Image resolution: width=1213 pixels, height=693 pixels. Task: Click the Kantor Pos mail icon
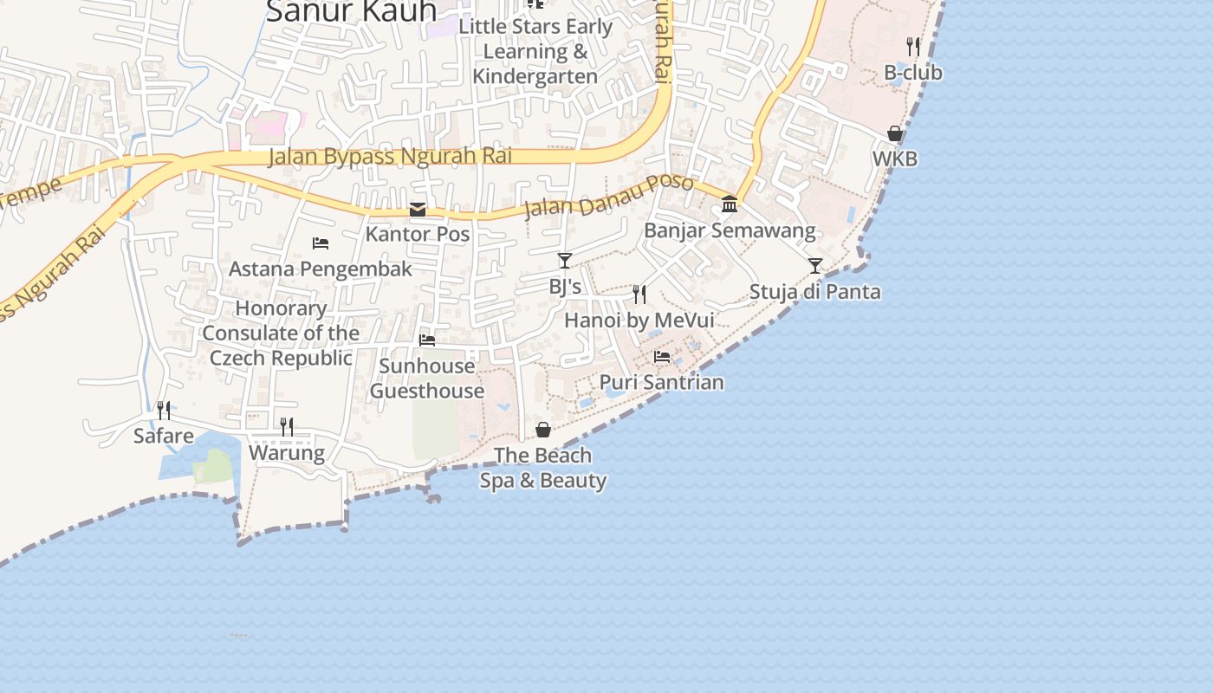[418, 210]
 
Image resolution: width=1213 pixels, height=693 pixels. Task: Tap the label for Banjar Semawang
[730, 230]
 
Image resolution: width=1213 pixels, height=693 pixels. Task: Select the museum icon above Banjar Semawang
[730, 204]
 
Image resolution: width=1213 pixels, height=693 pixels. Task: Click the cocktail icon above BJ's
[565, 260]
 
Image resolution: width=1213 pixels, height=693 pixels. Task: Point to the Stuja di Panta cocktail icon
[814, 265]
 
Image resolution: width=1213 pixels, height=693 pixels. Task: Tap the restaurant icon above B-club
[913, 46]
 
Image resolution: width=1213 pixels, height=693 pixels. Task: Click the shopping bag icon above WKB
[895, 133]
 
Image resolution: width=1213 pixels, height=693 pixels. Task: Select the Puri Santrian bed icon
[662, 356]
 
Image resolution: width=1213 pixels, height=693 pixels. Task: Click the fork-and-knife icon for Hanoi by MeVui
[639, 295]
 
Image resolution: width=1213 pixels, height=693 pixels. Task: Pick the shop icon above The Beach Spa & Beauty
[543, 430]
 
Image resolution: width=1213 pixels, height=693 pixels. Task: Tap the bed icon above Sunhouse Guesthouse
[427, 340]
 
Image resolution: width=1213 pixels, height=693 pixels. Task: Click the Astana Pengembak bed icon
[321, 243]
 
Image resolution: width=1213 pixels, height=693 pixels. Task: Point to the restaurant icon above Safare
[163, 410]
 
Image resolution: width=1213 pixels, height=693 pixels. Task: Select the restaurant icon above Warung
[287, 426]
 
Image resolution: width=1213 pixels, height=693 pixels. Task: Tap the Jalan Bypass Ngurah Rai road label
[390, 157]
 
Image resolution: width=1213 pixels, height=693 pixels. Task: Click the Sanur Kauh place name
[351, 12]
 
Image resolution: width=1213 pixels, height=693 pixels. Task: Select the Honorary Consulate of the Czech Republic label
[281, 334]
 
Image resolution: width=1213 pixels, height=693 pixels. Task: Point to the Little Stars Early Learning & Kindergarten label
[535, 51]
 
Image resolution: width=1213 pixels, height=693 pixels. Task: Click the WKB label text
[895, 159]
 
